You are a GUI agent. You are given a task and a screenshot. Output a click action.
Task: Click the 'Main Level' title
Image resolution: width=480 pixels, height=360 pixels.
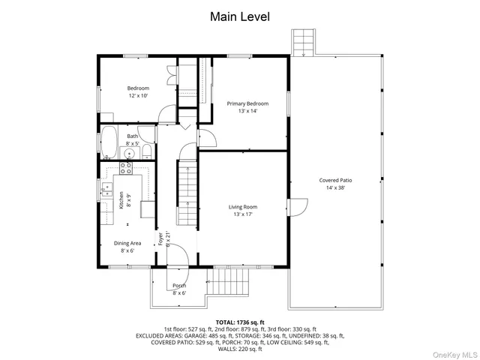pyautogui.click(x=239, y=16)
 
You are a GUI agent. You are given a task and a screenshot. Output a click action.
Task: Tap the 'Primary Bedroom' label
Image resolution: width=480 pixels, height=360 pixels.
pyautogui.click(x=247, y=103)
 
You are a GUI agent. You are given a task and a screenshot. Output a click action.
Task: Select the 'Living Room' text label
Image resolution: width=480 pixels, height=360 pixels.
pyautogui.click(x=242, y=207)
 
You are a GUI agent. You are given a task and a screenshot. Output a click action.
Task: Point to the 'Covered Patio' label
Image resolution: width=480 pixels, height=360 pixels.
pyautogui.click(x=335, y=180)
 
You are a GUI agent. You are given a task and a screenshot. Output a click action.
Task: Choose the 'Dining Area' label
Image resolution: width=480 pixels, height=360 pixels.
pyautogui.click(x=127, y=243)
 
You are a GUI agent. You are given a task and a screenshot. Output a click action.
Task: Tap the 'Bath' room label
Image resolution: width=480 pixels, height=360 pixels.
pyautogui.click(x=132, y=136)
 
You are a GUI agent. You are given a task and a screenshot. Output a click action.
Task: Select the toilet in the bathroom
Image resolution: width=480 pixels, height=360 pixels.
pyautogui.click(x=147, y=152)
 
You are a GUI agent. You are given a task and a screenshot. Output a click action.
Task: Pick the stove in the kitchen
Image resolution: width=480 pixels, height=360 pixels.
pyautogui.click(x=127, y=167)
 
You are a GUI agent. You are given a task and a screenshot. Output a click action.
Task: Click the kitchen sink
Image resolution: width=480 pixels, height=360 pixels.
pyautogui.click(x=107, y=187)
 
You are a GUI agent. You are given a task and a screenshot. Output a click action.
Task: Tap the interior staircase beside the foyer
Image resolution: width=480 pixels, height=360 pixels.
pyautogui.click(x=186, y=187)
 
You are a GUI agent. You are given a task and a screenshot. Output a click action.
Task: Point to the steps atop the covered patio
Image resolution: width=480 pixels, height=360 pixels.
pyautogui.click(x=302, y=43)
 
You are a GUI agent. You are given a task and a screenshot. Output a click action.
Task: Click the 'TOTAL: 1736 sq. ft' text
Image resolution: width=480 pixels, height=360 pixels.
pyautogui.click(x=239, y=321)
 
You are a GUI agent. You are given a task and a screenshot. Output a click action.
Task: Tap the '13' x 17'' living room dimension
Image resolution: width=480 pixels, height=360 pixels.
pyautogui.click(x=242, y=214)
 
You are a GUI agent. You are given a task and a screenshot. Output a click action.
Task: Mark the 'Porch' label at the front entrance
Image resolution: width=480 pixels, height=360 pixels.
pyautogui.click(x=179, y=286)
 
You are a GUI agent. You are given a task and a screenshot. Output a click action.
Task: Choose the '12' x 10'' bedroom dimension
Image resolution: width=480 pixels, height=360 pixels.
pyautogui.click(x=138, y=95)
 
